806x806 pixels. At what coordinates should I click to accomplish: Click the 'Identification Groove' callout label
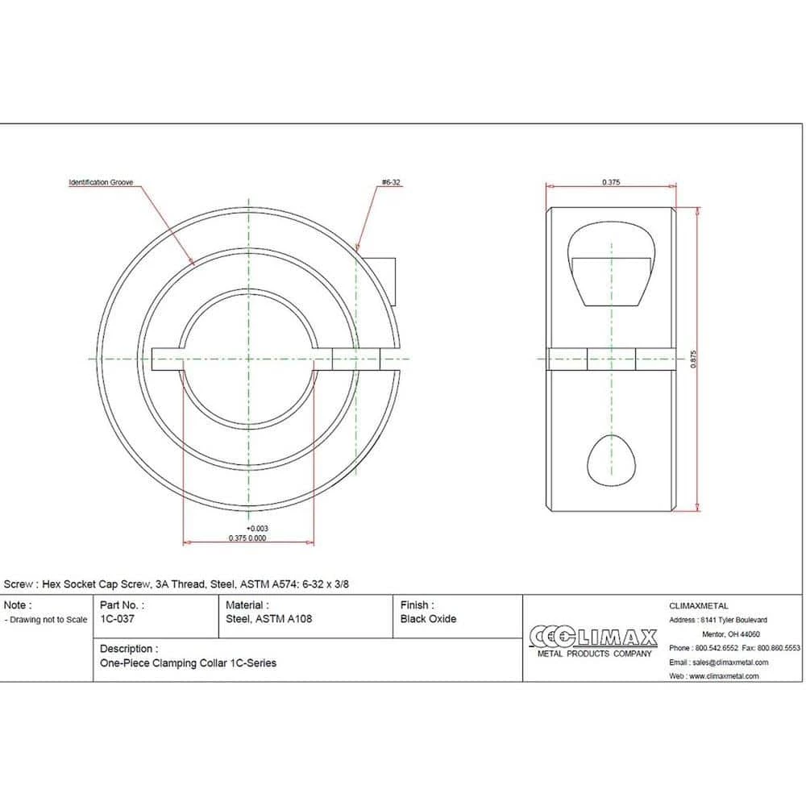[101, 182]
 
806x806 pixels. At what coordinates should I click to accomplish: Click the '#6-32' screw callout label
[391, 182]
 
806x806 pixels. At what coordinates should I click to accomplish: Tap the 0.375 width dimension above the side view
[611, 182]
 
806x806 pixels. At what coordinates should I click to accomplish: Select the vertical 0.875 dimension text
[693, 359]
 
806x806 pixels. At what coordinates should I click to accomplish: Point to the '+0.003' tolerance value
[257, 529]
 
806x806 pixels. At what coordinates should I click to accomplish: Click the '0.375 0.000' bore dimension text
[247, 538]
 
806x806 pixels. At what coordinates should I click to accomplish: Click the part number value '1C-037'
[117, 619]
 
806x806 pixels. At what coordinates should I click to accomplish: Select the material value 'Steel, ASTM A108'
[269, 619]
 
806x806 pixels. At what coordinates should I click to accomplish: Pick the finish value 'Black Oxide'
[428, 619]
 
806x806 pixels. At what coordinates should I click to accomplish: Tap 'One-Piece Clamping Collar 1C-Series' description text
[188, 663]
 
